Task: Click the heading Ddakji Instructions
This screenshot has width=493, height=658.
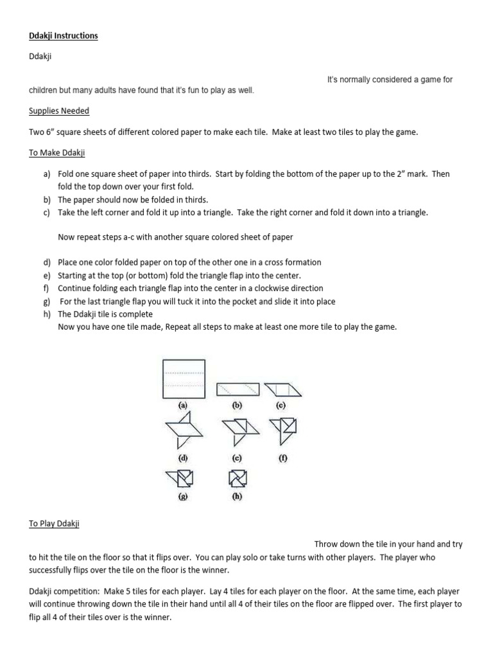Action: (x=63, y=36)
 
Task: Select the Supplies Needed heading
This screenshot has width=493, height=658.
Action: (x=58, y=111)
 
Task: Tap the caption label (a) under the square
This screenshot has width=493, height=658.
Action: (x=183, y=406)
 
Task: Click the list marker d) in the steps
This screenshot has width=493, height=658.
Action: (x=48, y=263)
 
